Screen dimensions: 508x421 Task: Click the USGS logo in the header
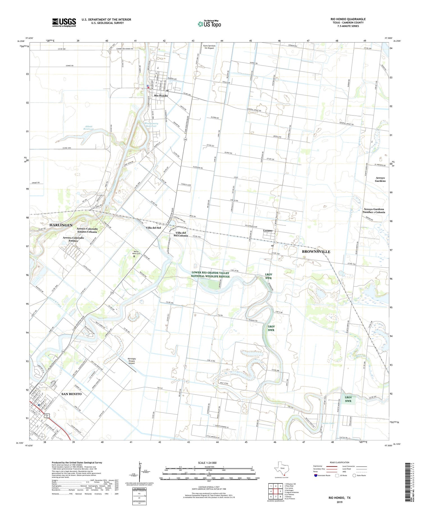tap(64, 22)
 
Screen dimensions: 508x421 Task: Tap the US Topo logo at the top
tap(209, 24)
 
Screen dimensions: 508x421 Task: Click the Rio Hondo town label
tap(161, 96)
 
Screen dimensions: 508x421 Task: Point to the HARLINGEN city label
tap(61, 225)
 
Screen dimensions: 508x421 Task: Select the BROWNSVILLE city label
tap(316, 252)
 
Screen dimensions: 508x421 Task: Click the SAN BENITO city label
tap(71, 394)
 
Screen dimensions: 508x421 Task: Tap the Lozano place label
tap(268, 231)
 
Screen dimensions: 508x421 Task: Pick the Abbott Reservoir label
tap(89, 128)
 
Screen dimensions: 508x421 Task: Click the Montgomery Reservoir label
tap(151, 125)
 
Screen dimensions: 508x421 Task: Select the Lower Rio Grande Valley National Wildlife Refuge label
tap(210, 275)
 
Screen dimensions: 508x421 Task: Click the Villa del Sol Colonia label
tap(181, 234)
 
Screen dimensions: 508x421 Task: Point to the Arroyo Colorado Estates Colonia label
tap(87, 230)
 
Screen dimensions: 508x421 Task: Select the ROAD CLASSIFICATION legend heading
tap(340, 462)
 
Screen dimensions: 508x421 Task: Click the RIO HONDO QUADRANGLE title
tap(348, 19)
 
